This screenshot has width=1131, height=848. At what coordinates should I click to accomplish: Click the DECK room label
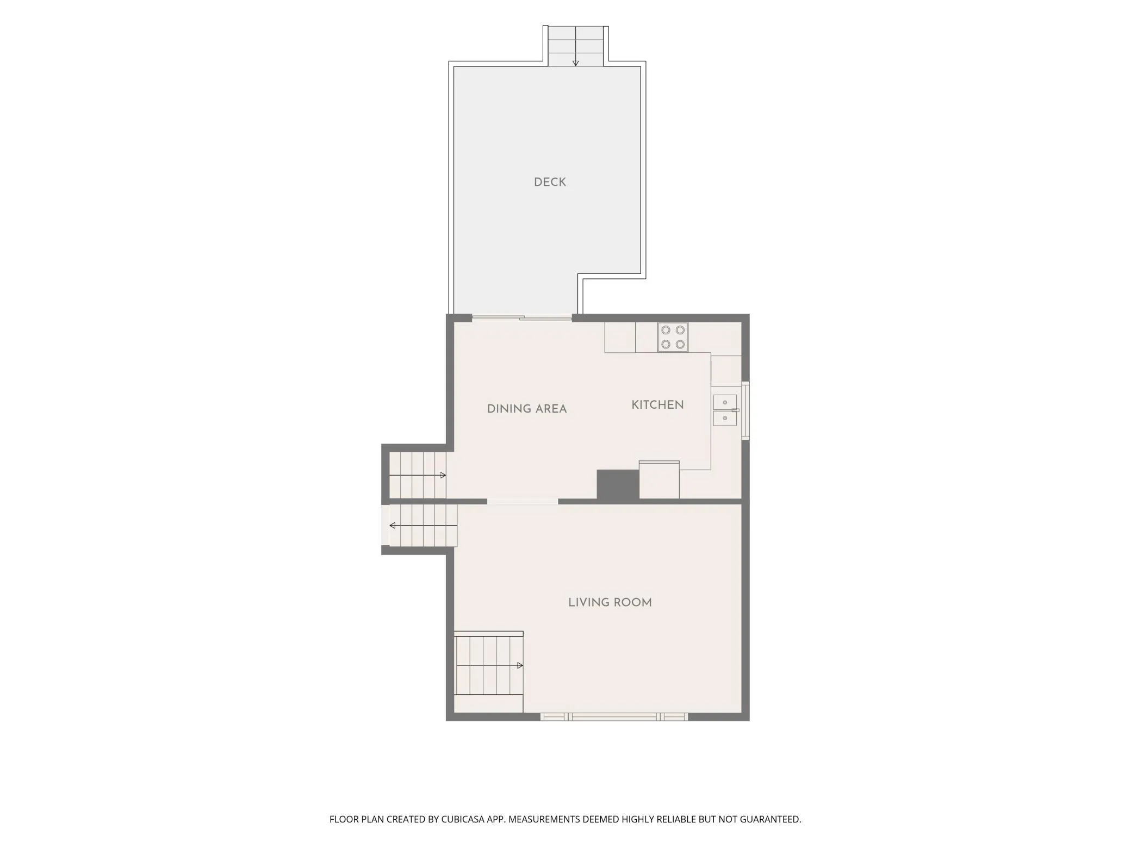point(550,182)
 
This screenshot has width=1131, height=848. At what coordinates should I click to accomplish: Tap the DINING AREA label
point(527,409)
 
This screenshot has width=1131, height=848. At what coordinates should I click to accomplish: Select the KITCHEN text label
point(657,404)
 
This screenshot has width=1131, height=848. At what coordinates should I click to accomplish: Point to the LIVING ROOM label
point(610,602)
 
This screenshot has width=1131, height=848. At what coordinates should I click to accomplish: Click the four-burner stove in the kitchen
point(673,337)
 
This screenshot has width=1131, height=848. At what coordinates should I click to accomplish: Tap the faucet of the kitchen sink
point(735,410)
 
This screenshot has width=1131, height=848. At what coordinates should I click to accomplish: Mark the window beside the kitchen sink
point(746,410)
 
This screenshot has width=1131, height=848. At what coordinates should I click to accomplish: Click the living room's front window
point(614,717)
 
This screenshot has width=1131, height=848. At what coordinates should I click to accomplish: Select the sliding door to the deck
point(522,317)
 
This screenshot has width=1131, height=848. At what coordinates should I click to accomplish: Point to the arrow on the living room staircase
point(489,665)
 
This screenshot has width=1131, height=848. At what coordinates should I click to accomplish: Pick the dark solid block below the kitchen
point(618,484)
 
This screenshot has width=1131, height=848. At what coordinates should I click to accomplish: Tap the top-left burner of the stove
point(666,330)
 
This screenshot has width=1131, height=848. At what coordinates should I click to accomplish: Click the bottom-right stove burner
point(680,344)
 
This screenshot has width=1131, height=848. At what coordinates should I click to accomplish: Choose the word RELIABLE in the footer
point(676,819)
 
